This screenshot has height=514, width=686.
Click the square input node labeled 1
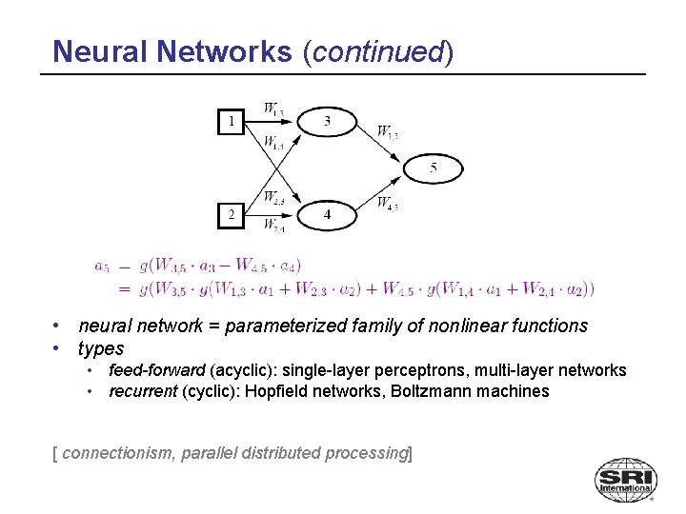(230, 122)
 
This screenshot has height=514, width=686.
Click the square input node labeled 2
(230, 215)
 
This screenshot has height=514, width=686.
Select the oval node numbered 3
(327, 122)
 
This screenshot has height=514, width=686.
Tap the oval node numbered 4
(327, 215)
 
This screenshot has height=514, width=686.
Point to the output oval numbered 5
(434, 168)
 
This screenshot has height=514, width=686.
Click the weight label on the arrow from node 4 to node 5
(387, 203)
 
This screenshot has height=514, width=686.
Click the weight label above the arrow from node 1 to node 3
(273, 109)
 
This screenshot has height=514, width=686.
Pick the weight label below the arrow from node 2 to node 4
(273, 227)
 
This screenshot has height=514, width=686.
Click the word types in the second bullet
(101, 348)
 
